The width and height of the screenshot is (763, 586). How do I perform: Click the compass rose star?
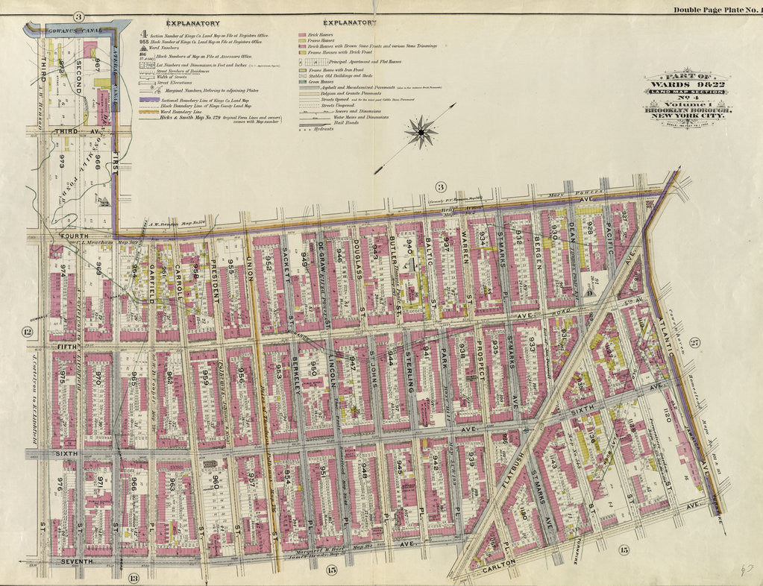click(421, 133)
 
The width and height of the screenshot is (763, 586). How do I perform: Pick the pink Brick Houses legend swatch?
click(304, 35)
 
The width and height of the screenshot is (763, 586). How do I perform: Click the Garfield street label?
click(151, 286)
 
